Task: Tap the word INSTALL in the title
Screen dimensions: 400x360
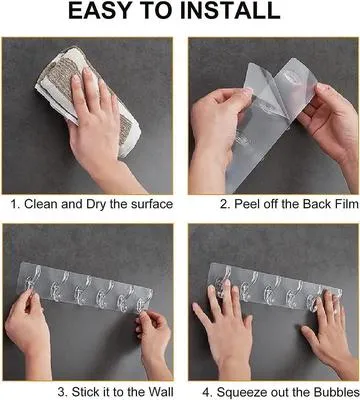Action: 229,13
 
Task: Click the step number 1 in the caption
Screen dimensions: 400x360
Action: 15,204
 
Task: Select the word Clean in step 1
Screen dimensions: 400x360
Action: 43,204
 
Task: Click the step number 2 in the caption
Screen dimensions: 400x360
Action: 198,204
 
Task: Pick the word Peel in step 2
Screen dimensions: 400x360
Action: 224,204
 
